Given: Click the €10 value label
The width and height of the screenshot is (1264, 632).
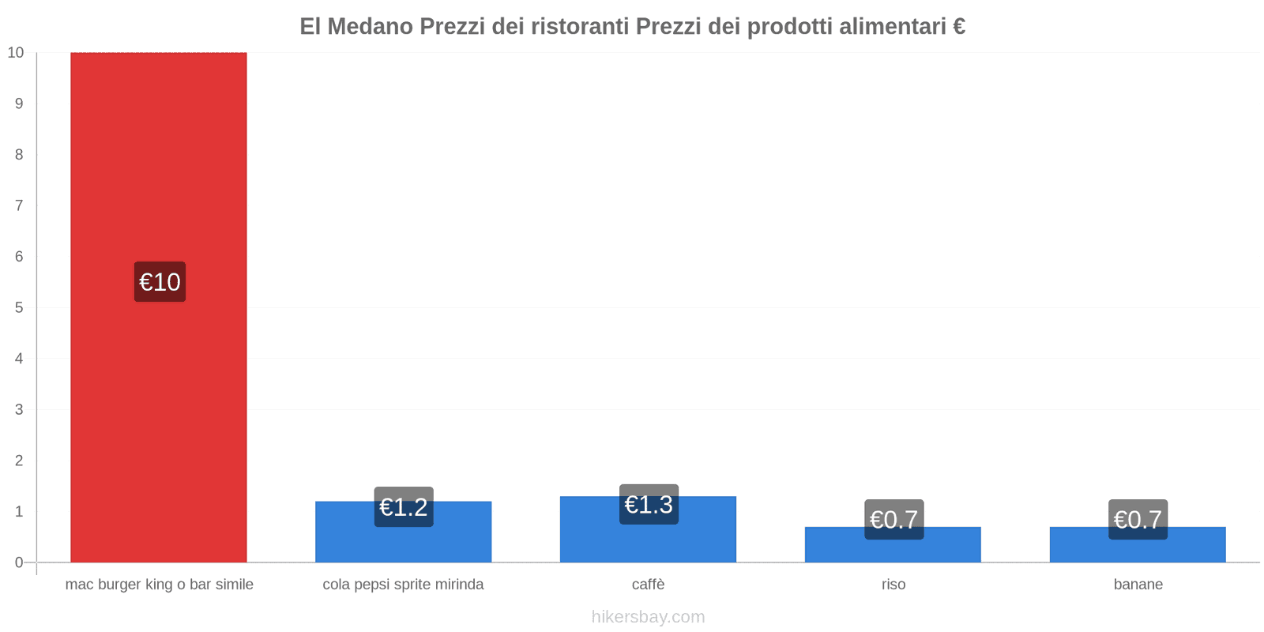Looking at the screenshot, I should tap(160, 282).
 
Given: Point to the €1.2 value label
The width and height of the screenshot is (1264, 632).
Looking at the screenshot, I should tap(404, 507).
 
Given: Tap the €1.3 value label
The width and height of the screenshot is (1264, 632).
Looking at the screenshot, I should tap(649, 504).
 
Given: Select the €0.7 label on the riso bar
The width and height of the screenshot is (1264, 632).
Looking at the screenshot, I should tap(893, 519).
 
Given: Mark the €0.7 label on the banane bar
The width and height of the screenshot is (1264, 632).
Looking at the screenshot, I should tap(1138, 519).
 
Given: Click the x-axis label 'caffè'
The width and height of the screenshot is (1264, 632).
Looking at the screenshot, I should tap(648, 585).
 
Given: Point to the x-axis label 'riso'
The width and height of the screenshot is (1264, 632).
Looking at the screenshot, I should tap(893, 585).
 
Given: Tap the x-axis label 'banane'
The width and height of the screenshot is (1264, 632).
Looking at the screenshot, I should tap(1138, 585).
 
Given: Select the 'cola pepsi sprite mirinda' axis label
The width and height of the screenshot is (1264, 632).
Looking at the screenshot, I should tap(403, 585).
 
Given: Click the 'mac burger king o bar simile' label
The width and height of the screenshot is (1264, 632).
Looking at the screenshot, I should tap(159, 585).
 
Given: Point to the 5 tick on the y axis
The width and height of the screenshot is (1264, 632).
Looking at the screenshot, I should tap(19, 307).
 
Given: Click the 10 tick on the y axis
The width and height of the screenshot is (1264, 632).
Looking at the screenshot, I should tap(16, 53).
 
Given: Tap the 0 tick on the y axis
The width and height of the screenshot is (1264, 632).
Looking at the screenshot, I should tap(19, 562).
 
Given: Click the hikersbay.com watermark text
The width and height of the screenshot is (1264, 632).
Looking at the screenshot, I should tap(648, 617).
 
